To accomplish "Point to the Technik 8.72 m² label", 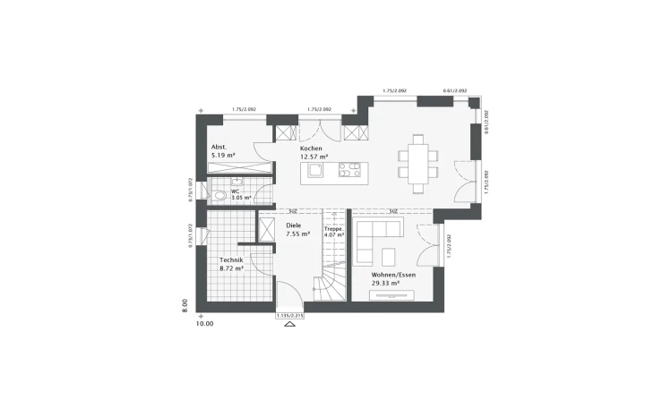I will (x=231, y=263).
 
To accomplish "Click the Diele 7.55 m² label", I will (x=297, y=229).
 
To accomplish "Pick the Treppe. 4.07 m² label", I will (x=334, y=232).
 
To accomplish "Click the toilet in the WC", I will (x=219, y=194).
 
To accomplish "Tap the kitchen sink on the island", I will (x=315, y=170).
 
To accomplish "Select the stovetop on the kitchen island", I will (x=349, y=170).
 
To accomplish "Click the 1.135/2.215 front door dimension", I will (x=288, y=315).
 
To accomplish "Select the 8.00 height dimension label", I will (x=185, y=304).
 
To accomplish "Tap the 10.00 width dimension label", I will (x=204, y=324).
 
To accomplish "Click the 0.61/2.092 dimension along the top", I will (x=455, y=91).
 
